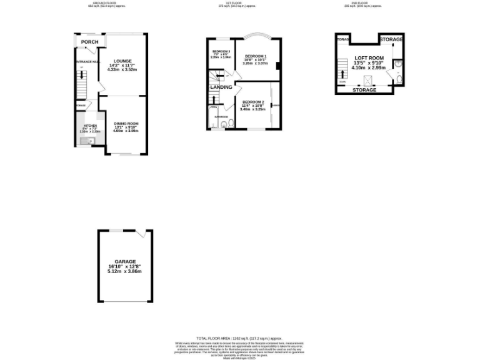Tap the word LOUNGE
[x=122, y=61]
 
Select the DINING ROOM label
[x=125, y=123]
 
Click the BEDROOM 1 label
[x=255, y=56]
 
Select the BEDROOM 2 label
[x=254, y=102]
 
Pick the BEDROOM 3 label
[x=221, y=51]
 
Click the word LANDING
[x=221, y=87]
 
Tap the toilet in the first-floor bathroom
[x=229, y=124]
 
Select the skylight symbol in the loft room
[x=368, y=79]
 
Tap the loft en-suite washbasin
[x=397, y=63]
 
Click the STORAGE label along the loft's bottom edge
[x=364, y=90]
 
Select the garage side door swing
[x=141, y=234]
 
